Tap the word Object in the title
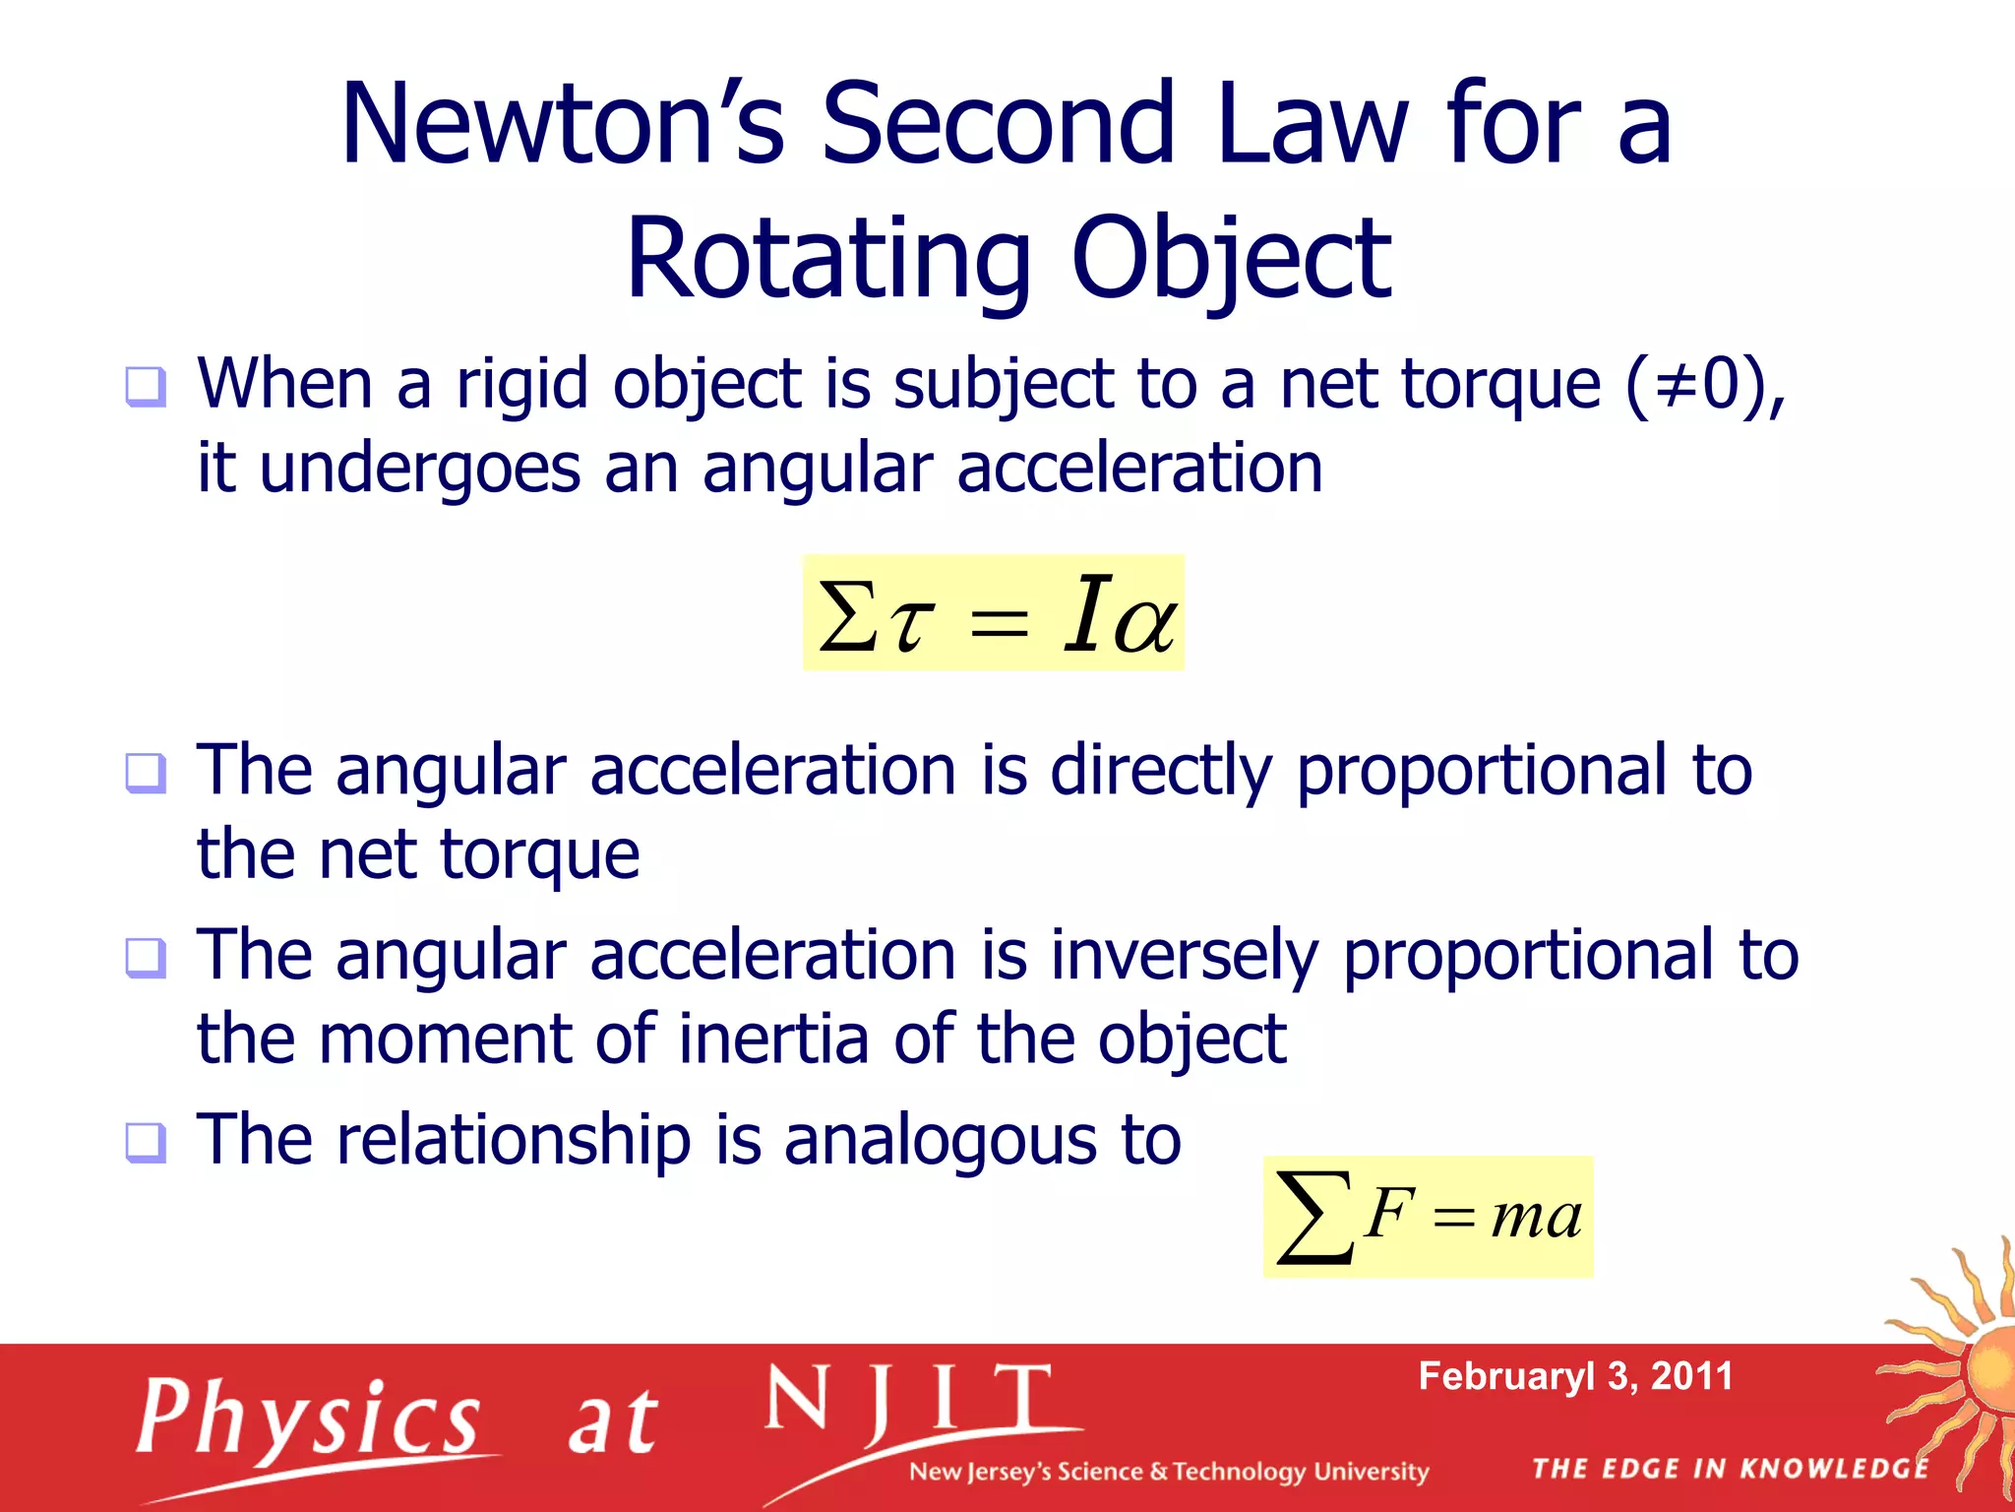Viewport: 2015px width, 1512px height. [x=1230, y=260]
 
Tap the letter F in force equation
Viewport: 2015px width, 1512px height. [x=1388, y=1213]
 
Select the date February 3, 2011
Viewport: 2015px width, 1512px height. [x=1574, y=1376]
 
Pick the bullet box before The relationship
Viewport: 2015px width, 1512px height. [x=146, y=1143]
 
